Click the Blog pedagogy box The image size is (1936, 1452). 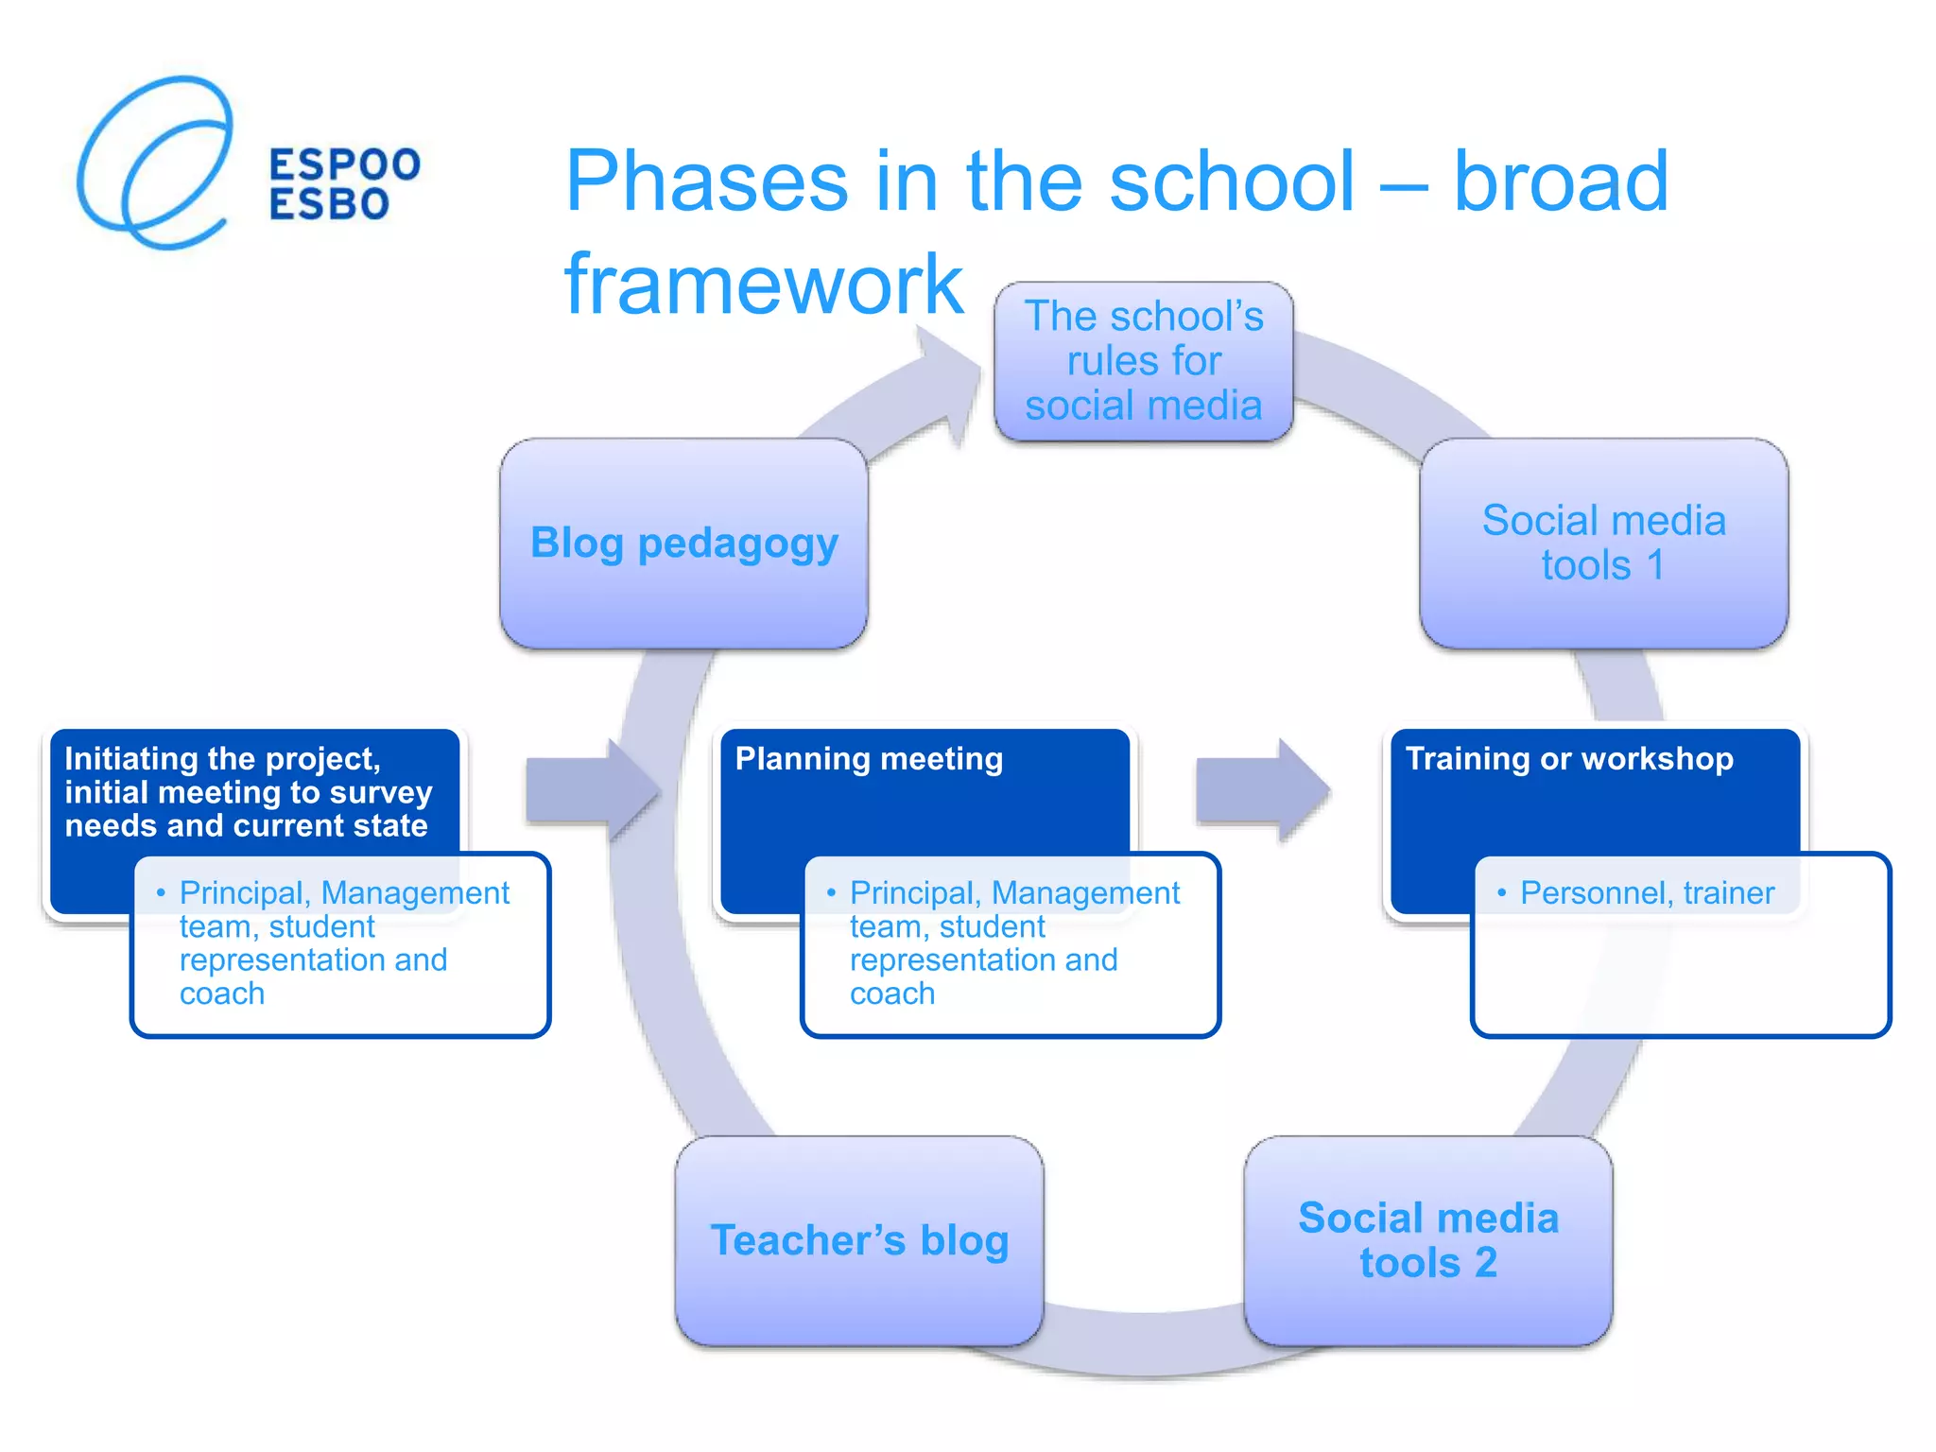pos(683,544)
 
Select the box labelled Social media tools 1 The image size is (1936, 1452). pos(1603,544)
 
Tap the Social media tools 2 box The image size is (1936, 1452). pos(1427,1240)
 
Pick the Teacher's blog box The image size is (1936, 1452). pos(859,1240)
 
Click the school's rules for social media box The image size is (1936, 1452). pos(1143,361)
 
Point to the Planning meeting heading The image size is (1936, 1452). pos(869,759)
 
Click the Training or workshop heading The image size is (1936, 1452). pos(1569,759)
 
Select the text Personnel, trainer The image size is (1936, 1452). pos(1647,893)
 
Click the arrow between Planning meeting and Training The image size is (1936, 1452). pos(1262,790)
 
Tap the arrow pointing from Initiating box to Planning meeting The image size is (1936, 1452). pos(592,790)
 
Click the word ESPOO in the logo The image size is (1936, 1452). pos(345,164)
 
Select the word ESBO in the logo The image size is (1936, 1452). pos(329,205)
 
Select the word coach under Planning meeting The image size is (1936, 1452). pos(891,994)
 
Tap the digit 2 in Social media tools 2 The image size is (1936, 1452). pos(1485,1263)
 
